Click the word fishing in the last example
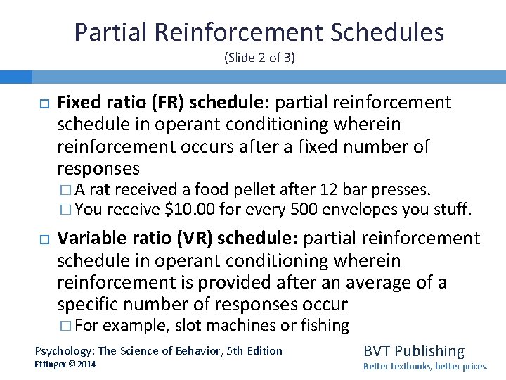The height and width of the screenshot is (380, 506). pyautogui.click(x=325, y=325)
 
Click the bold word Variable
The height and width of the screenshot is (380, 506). pyautogui.click(x=88, y=239)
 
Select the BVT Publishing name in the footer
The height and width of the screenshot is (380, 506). pyautogui.click(x=414, y=350)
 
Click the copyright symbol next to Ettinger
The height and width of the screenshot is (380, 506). pyautogui.click(x=72, y=364)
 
